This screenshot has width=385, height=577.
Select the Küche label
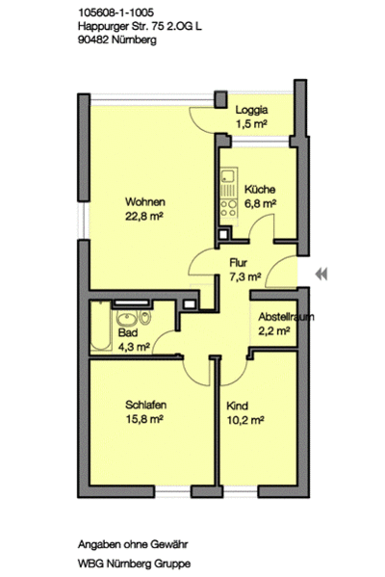[x=259, y=190]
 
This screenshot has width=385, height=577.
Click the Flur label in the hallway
[x=240, y=262]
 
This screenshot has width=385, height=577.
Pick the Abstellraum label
[x=286, y=316]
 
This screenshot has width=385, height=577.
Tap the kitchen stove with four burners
[x=228, y=205]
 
